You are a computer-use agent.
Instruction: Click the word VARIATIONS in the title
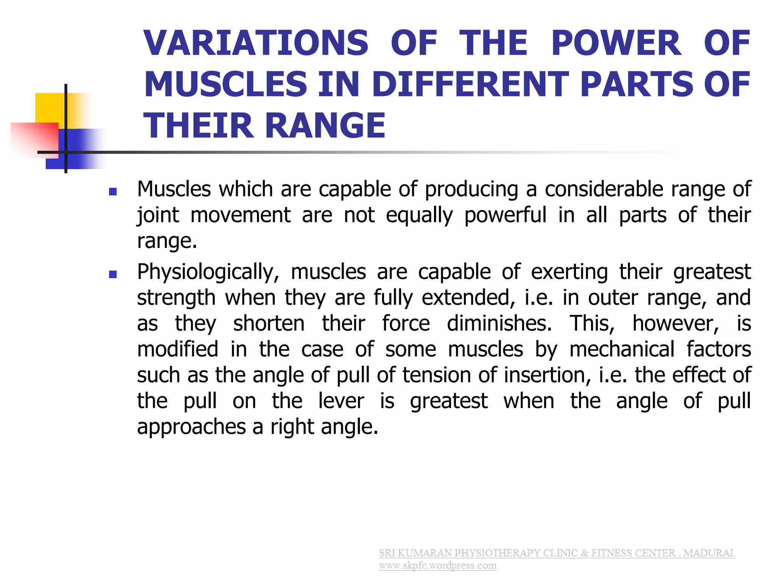(x=256, y=43)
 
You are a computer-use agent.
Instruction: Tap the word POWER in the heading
(x=616, y=43)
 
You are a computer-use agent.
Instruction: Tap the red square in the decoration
(x=34, y=138)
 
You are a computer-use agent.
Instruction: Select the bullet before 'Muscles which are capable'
(x=112, y=192)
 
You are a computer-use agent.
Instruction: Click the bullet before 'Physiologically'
(x=112, y=274)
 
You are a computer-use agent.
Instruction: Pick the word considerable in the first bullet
(x=604, y=189)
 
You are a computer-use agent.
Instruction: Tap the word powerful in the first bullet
(x=505, y=216)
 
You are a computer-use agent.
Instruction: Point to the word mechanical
(x=622, y=349)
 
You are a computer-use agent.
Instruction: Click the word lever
(x=341, y=401)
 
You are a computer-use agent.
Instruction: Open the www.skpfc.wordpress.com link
(x=437, y=566)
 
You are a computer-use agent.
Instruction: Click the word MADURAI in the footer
(x=709, y=553)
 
